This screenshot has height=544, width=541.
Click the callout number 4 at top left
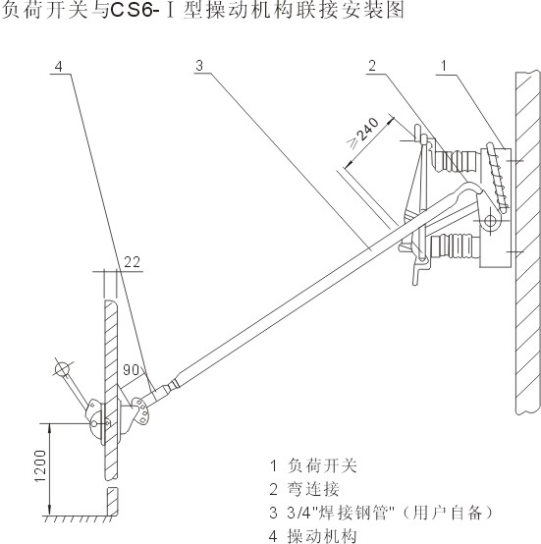click(59, 66)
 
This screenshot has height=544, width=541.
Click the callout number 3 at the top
click(199, 65)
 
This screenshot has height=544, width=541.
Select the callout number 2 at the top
click(372, 65)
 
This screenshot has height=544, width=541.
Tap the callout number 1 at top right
click(444, 65)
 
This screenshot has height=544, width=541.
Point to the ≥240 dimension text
click(363, 133)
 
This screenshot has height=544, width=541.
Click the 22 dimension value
click(132, 262)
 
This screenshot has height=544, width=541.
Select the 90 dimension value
click(132, 370)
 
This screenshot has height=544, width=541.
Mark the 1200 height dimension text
click(41, 465)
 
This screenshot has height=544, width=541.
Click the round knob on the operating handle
click(63, 369)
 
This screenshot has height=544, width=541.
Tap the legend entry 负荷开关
click(322, 465)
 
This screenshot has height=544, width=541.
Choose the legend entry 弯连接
click(313, 489)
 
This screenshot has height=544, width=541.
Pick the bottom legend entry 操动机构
click(322, 536)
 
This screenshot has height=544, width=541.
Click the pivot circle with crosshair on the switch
click(490, 220)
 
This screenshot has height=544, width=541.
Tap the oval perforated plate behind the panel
click(141, 410)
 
